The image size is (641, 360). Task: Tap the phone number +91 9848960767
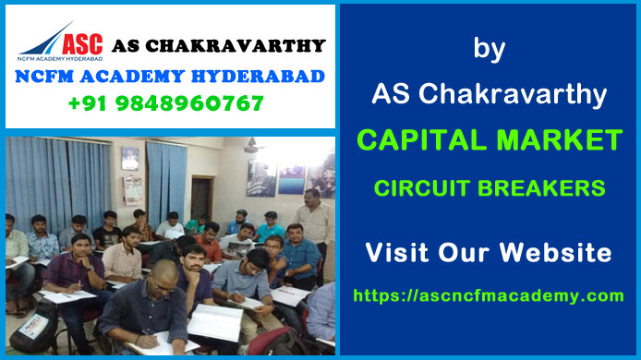165,103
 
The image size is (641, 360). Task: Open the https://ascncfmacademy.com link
489,296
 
